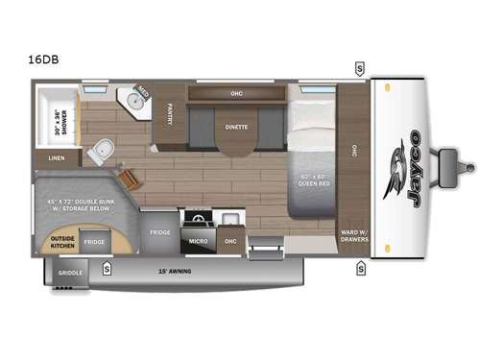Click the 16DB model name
[40, 59]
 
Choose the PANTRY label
[170, 114]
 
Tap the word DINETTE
[237, 126]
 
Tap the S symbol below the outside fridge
[107, 268]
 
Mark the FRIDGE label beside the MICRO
[159, 232]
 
